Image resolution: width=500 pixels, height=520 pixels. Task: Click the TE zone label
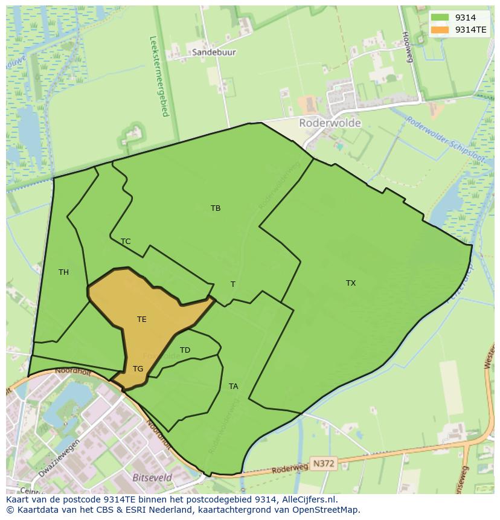click(x=141, y=319)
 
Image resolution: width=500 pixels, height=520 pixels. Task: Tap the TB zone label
click(x=216, y=208)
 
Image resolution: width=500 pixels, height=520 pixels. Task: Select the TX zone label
click(x=351, y=283)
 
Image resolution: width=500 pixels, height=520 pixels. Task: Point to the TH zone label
click(x=63, y=272)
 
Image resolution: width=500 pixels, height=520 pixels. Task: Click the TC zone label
click(x=126, y=241)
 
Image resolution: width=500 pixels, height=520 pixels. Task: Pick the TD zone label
click(x=185, y=350)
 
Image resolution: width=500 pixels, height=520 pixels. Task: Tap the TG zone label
click(x=138, y=368)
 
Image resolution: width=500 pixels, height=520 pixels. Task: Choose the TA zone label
click(x=233, y=386)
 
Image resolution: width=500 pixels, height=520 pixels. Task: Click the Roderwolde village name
click(x=330, y=123)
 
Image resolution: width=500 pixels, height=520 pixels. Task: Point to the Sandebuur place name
click(x=214, y=53)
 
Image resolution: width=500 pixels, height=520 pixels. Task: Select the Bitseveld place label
click(x=152, y=477)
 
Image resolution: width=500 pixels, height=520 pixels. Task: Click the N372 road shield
click(x=324, y=463)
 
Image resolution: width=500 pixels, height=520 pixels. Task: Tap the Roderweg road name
click(x=289, y=467)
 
